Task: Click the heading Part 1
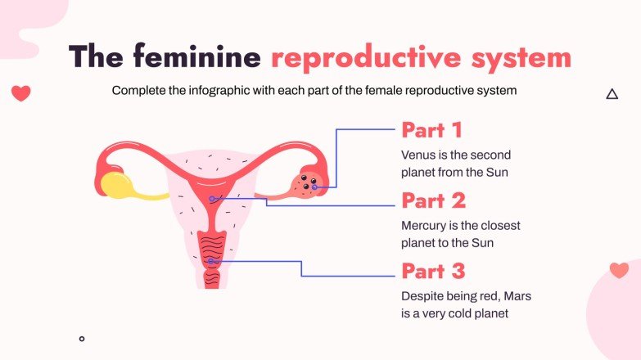(431, 130)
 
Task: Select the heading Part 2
(433, 200)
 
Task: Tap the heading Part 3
(433, 271)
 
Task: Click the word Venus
(418, 154)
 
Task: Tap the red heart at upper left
(21, 93)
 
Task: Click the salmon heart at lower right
(619, 270)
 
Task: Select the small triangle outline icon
(612, 95)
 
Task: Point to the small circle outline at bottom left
(82, 338)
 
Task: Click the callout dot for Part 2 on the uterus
(212, 199)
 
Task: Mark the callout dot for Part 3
(212, 261)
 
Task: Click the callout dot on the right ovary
(314, 187)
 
